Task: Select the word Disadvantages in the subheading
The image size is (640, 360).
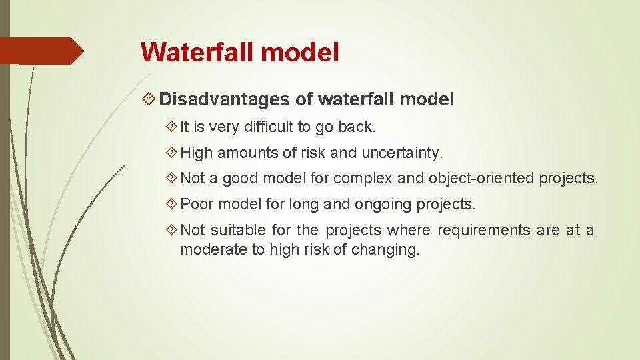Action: point(224,100)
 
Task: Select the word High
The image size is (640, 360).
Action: point(197,153)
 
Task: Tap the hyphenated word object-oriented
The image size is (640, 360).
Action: point(481,179)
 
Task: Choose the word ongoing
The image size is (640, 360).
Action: point(382,204)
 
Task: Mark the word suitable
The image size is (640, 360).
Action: point(239,231)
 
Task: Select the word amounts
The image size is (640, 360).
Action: point(249,153)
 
